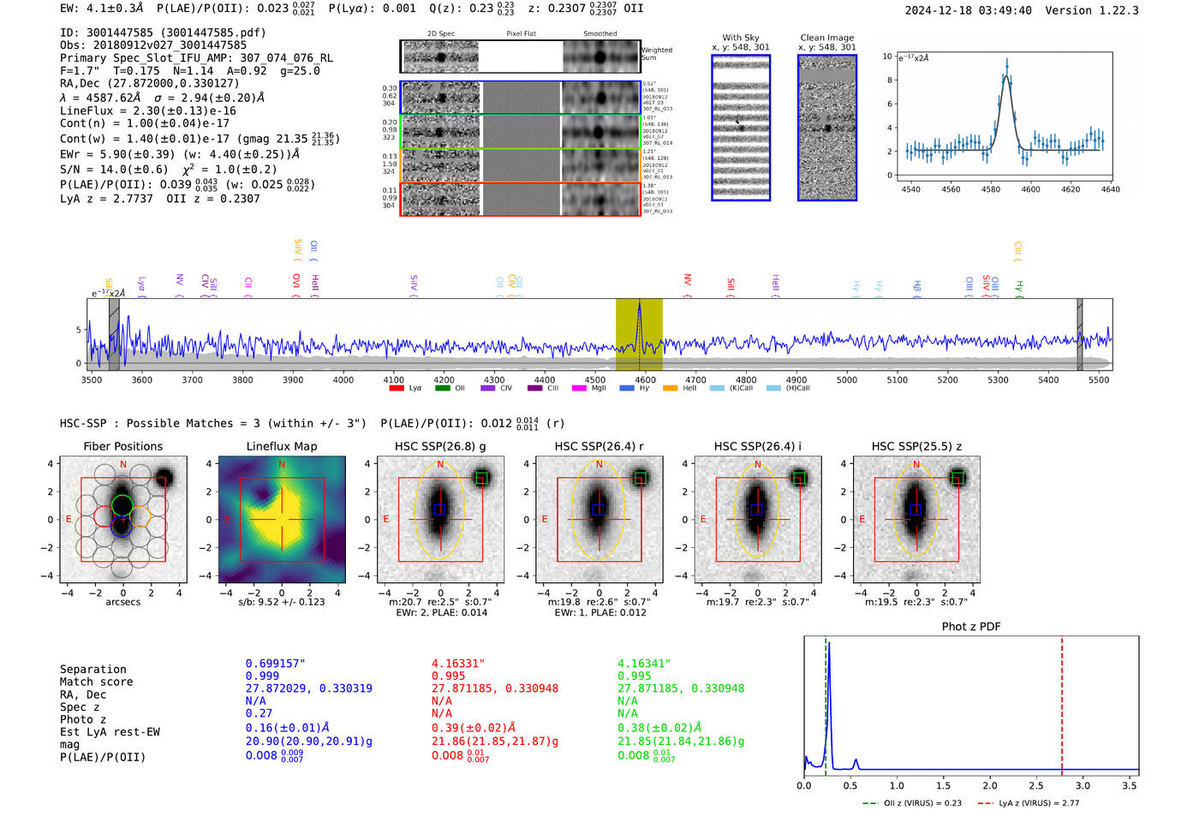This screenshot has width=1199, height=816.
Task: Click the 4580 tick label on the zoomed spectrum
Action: click(990, 189)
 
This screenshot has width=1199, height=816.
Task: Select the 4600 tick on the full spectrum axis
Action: click(645, 379)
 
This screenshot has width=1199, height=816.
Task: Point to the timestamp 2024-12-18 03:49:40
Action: click(968, 10)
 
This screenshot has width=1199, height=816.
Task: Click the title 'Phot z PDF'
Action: click(970, 626)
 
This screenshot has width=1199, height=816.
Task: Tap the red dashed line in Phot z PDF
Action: click(1062, 702)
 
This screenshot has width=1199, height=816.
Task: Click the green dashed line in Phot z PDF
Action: click(826, 702)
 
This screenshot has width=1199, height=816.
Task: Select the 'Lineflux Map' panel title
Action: click(281, 446)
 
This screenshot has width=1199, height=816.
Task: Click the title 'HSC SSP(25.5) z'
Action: click(916, 446)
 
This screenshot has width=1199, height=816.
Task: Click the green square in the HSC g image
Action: click(481, 478)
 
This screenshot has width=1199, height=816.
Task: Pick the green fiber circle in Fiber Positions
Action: click(122, 504)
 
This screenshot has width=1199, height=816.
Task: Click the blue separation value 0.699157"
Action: click(275, 664)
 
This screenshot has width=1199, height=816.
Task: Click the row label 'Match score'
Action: click(96, 682)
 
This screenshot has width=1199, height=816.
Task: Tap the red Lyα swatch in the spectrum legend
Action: click(397, 388)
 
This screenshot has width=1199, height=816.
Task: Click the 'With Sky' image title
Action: click(740, 38)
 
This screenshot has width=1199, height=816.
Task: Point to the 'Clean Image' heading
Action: click(826, 38)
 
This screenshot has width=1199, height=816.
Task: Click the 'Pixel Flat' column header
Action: click(521, 33)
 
